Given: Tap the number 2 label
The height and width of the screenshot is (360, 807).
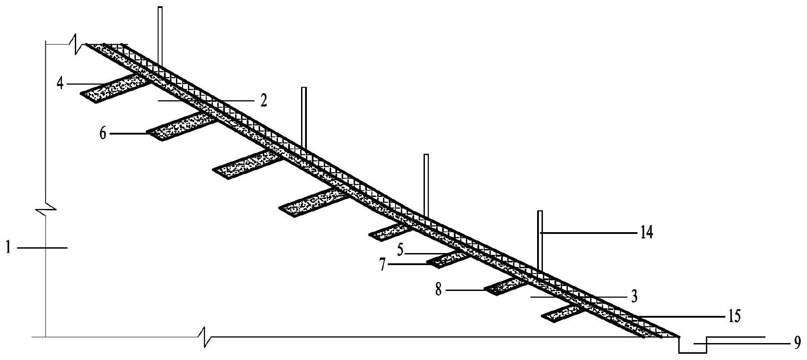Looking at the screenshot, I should click(263, 101).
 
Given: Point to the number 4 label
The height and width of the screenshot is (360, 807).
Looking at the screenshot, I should click(61, 83).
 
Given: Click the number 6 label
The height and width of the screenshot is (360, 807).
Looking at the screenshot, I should click(103, 133).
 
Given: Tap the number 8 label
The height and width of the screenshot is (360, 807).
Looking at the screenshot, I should click(439, 290).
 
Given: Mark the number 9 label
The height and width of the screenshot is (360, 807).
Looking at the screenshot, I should click(797, 344).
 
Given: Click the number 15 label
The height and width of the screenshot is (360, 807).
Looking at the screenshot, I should click(734, 316).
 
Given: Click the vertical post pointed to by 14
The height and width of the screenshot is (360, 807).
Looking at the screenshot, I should click(540, 241).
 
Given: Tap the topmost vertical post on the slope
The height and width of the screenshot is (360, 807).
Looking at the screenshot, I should click(160, 36).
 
